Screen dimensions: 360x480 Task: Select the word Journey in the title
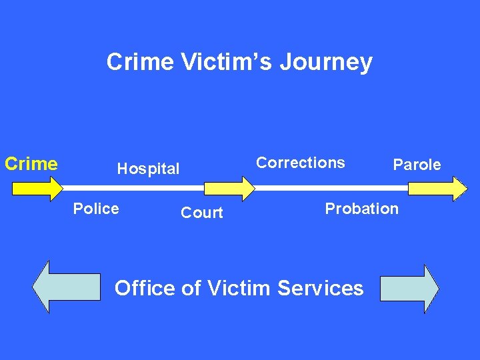point(325,63)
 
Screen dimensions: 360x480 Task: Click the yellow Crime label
point(31,163)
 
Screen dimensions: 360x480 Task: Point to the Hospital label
point(148,169)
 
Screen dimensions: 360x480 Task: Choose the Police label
point(96,209)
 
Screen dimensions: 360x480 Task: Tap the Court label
point(201,213)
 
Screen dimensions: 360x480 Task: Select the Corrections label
point(301,163)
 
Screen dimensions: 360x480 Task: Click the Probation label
point(361,209)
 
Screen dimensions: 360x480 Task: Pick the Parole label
point(417,165)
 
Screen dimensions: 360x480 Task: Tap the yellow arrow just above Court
point(229,188)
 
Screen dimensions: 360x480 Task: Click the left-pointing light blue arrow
point(66,287)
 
